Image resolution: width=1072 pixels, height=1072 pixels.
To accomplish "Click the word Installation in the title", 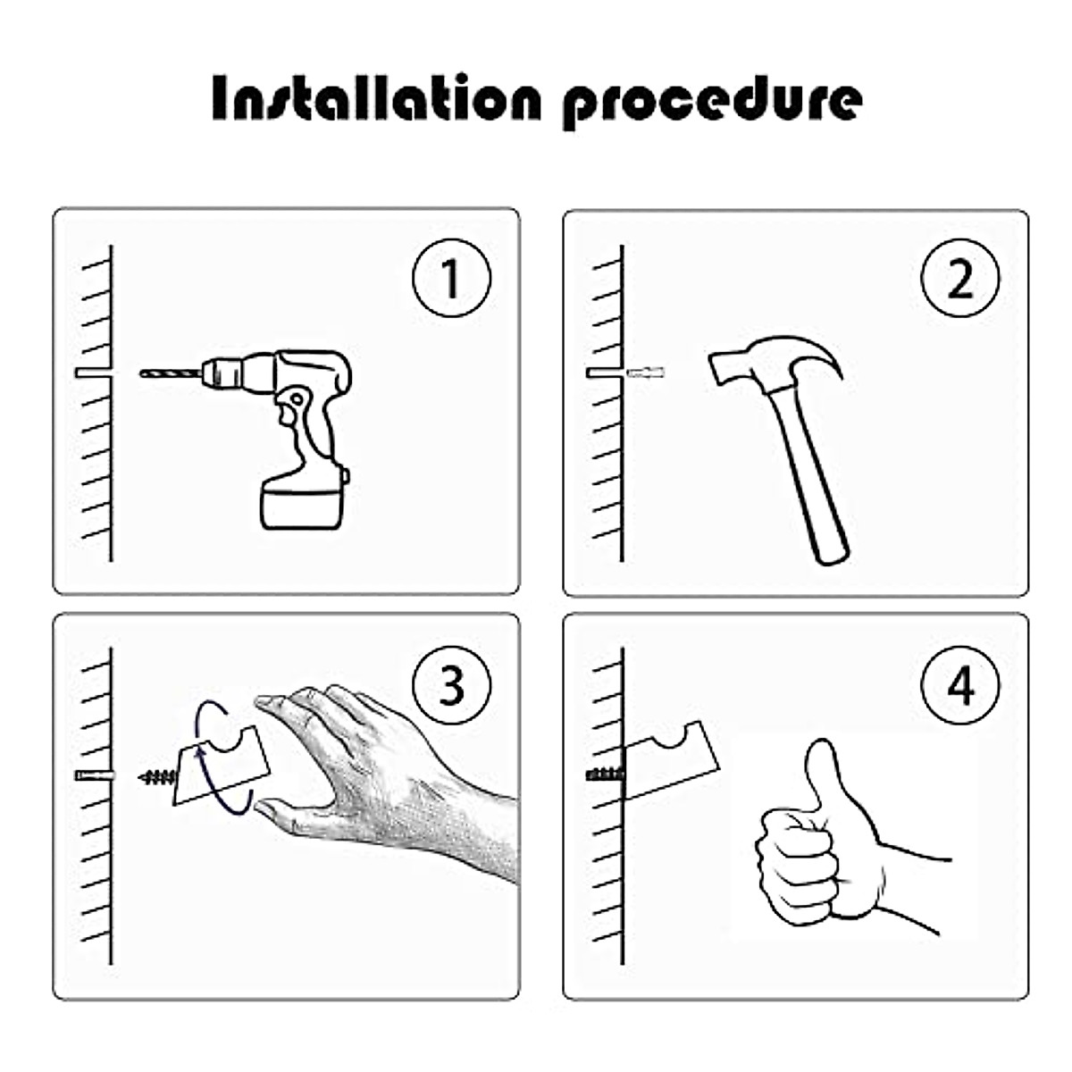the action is [x=376, y=98].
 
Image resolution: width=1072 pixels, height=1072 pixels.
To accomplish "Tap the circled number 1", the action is [x=451, y=278].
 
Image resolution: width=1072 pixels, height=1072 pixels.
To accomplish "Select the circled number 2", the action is [x=960, y=278].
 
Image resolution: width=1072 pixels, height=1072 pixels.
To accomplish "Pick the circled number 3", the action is [x=451, y=686].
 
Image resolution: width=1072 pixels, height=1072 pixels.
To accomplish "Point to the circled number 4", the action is [x=960, y=686].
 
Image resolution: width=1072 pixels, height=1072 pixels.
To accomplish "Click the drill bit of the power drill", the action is [x=171, y=373].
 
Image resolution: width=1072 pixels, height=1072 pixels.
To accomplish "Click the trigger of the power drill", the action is [x=289, y=414].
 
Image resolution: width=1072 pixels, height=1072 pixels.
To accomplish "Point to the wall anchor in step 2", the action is [x=646, y=373].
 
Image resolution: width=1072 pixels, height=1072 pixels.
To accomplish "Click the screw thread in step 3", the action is [x=157, y=776].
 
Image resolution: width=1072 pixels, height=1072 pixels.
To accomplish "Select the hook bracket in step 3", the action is [x=222, y=765].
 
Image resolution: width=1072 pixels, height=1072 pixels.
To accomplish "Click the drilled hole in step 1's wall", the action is [x=94, y=373].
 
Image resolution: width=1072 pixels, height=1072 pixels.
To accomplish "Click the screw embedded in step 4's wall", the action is [x=606, y=774].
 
